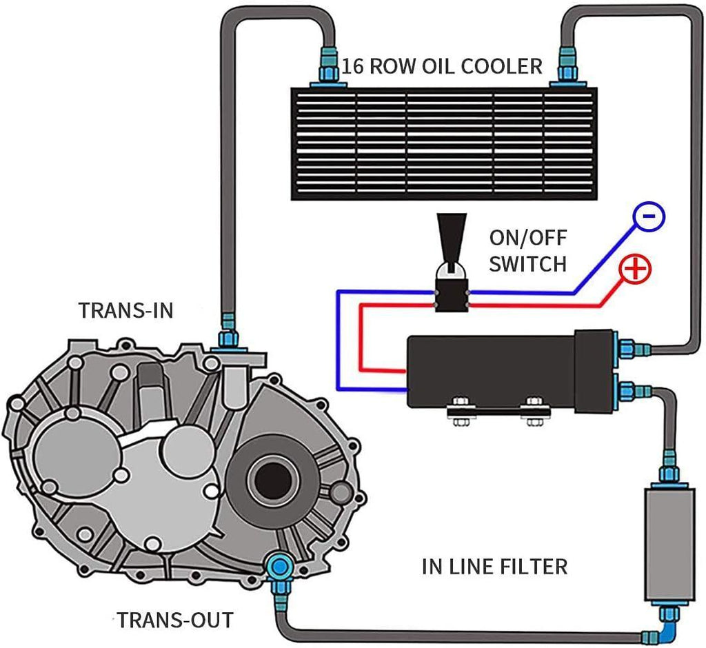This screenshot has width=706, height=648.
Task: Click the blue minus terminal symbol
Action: tap(648, 216)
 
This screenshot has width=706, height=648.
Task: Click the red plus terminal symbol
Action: tap(635, 268)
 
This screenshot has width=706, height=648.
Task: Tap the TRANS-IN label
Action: tap(126, 310)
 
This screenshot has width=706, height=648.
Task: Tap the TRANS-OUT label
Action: tap(174, 619)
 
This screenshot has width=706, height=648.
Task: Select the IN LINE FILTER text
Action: tap(494, 567)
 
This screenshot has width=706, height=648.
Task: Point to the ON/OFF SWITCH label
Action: tap(528, 250)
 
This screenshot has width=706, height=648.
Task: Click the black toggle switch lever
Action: tap(452, 238)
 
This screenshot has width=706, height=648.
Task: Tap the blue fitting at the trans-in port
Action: tap(228, 338)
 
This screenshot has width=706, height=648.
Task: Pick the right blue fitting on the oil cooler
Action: tap(567, 70)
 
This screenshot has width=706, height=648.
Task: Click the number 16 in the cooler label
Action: tap(354, 67)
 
